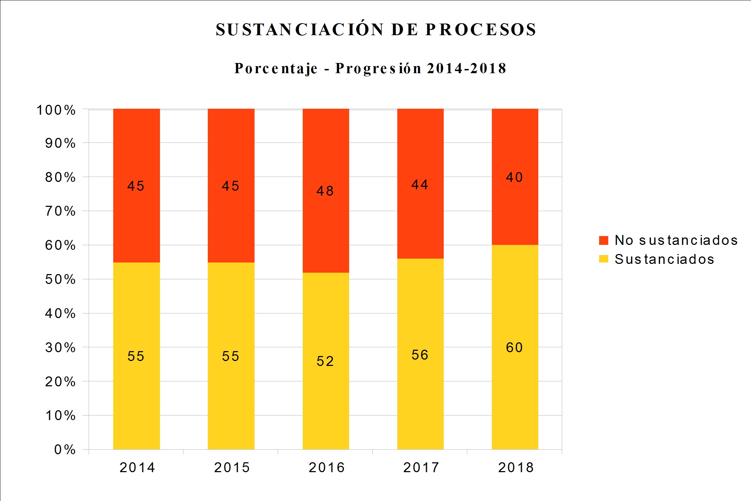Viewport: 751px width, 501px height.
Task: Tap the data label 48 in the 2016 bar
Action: coord(325,191)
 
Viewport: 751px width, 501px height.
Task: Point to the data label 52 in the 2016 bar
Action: coord(325,361)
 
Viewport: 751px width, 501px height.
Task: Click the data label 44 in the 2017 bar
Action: coord(420,185)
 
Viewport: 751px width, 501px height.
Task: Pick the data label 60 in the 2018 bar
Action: coord(514,348)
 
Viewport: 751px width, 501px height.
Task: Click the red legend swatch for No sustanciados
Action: coord(603,240)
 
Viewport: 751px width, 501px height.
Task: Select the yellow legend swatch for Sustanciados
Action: coord(603,259)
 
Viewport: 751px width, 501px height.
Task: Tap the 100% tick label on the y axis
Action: coord(56,110)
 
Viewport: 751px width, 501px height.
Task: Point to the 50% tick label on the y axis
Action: coord(60,279)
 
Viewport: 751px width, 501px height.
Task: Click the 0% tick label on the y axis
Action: coord(65,450)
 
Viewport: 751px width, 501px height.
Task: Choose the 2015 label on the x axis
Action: coord(232,468)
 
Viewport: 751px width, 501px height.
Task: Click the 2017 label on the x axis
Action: coord(421,468)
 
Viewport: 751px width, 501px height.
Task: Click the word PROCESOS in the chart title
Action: coord(481,30)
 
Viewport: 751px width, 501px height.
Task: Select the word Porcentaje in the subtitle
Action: coord(276,68)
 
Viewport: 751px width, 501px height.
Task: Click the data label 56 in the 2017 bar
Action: coord(420,355)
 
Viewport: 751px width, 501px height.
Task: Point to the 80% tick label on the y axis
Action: coord(60,177)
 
